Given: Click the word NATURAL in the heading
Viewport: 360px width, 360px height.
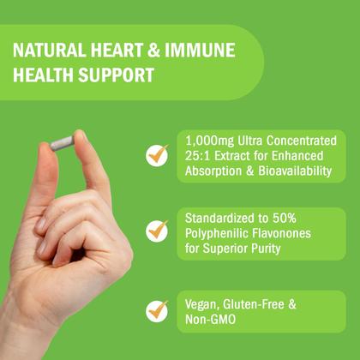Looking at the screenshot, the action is coord(49,51).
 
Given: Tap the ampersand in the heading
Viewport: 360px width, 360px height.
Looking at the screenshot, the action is coord(154,51).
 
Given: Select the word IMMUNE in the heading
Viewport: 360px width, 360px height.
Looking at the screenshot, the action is coord(200,51).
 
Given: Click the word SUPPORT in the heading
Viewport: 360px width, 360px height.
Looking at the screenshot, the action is coord(117,75).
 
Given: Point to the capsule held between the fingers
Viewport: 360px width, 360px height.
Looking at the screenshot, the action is coord(63,143).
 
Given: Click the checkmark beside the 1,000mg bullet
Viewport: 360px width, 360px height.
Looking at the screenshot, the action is coord(157,155).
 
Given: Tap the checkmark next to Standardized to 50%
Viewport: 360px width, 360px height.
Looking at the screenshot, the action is coord(157,231).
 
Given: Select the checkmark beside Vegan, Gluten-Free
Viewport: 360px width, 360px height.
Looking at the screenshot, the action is coord(157,311).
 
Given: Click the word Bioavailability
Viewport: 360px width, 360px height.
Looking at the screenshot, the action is coord(295,171).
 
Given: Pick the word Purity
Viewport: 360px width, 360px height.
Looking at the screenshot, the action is coord(266,249).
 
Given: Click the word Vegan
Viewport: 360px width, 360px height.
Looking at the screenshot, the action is coord(202,305).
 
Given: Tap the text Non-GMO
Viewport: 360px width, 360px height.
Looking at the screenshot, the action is coord(210,319).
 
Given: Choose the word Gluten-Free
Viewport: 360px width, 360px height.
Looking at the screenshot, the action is coord(254,304).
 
